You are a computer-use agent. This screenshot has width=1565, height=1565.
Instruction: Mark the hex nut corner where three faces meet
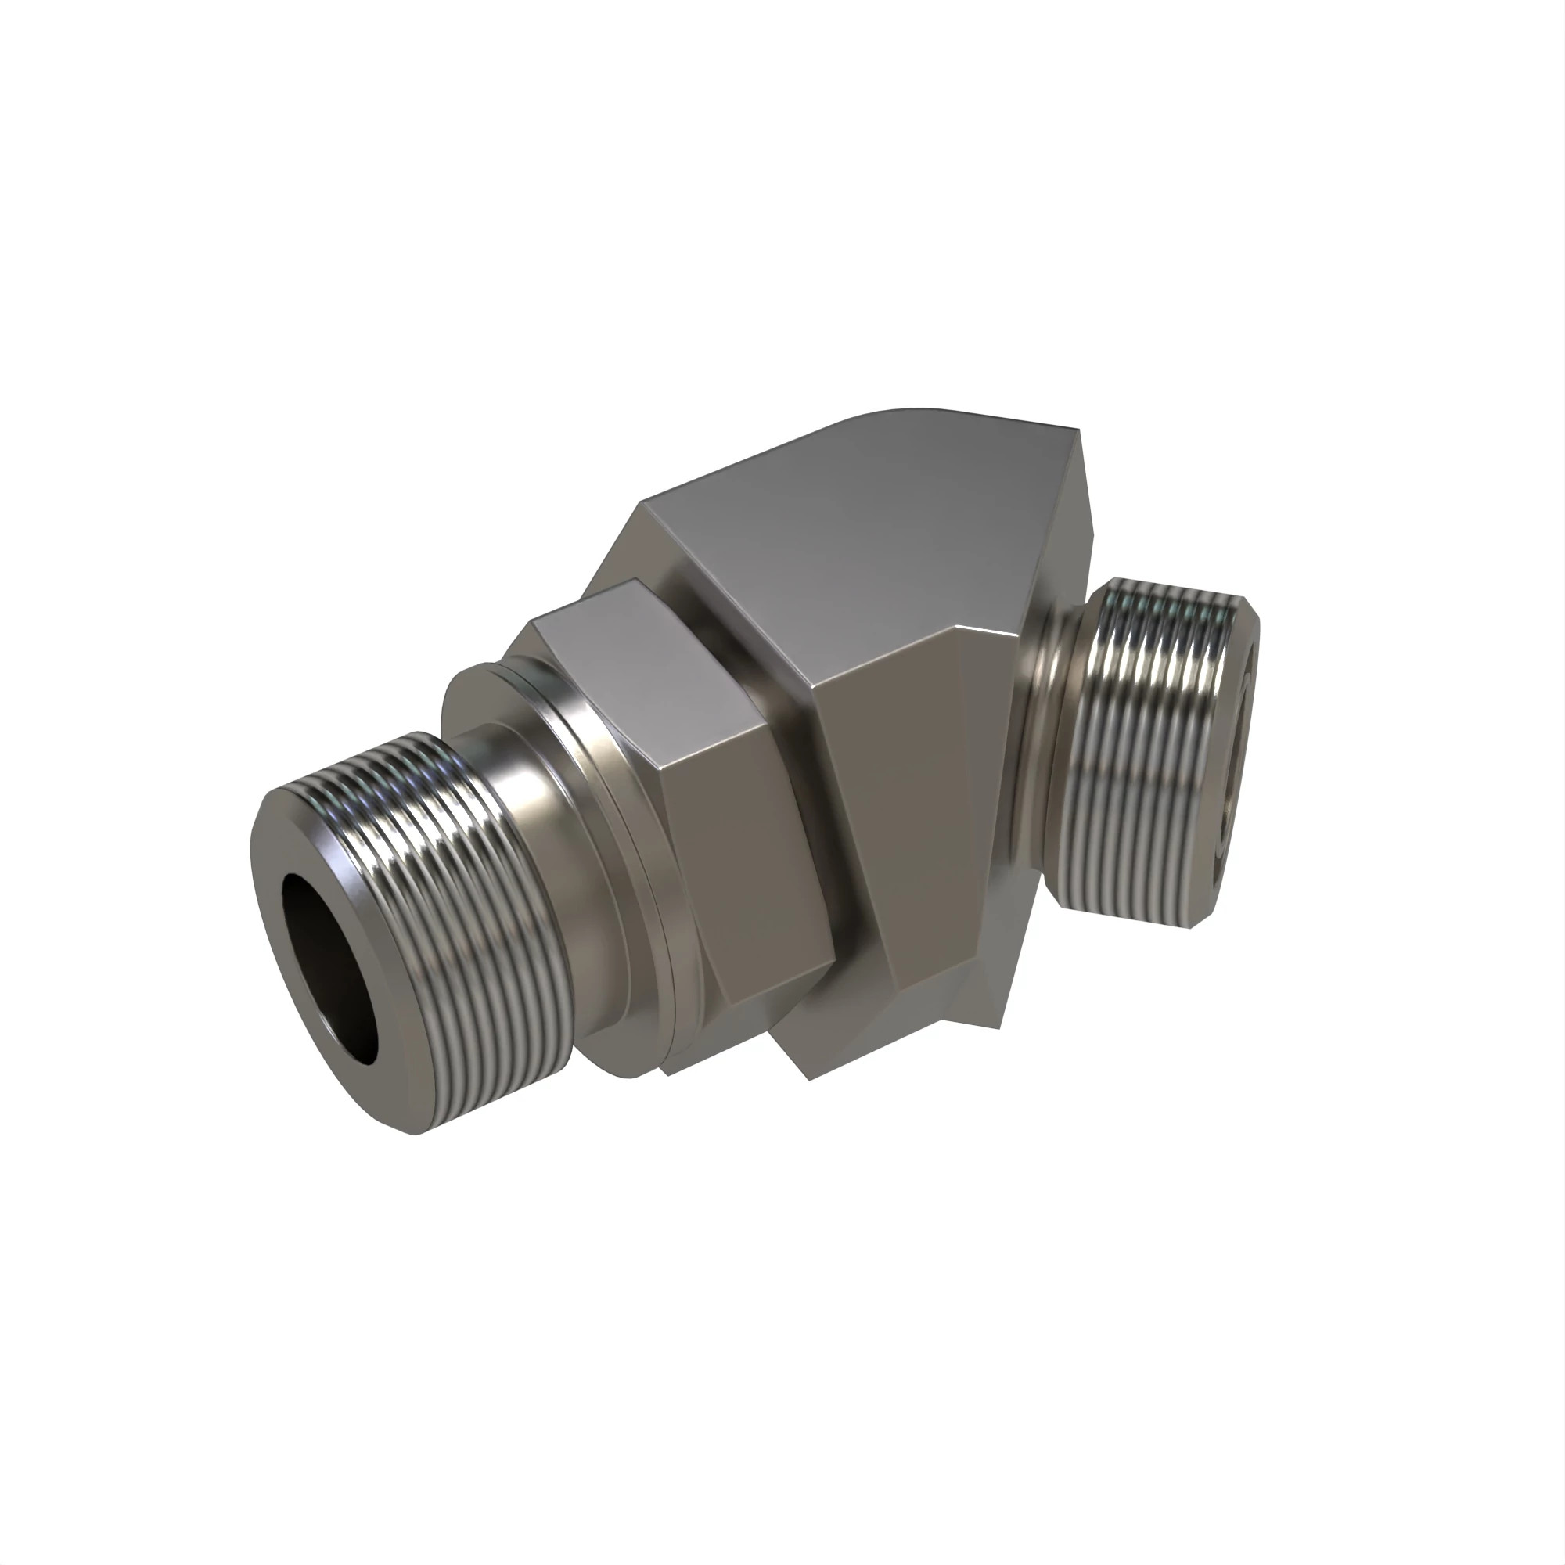pos(667,765)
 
